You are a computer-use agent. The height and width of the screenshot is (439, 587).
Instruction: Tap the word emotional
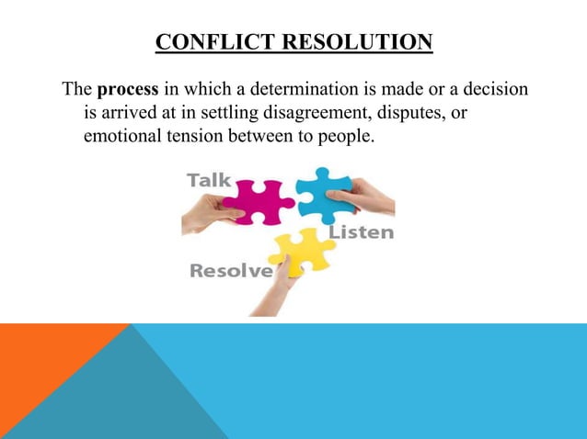[121, 137]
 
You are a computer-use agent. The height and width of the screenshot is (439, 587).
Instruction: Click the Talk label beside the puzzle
[209, 180]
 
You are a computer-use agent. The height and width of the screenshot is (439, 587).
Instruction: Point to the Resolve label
[231, 271]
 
